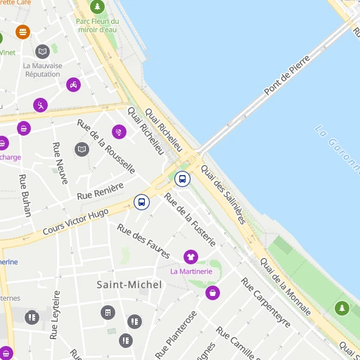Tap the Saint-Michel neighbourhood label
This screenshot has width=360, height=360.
(x=129, y=285)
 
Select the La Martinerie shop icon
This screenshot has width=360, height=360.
(x=190, y=257)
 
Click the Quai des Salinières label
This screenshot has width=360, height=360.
(x=223, y=194)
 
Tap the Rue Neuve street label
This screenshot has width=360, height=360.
(x=58, y=163)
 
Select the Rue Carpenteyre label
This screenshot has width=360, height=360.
(x=266, y=302)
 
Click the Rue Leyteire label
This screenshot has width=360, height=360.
(x=55, y=316)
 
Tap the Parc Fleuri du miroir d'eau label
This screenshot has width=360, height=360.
(x=97, y=25)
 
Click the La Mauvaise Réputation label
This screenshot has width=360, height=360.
(x=42, y=70)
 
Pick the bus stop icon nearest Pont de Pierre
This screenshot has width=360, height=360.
(x=182, y=179)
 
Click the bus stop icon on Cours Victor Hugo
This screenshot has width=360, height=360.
(x=141, y=202)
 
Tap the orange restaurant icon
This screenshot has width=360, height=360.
(x=23, y=32)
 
